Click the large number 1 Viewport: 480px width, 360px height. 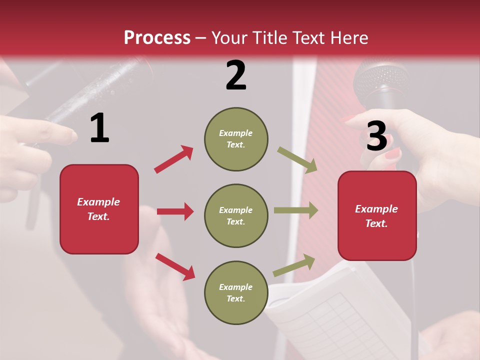click(99, 128)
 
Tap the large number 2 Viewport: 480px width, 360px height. click(235, 75)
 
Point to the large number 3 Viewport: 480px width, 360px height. click(376, 136)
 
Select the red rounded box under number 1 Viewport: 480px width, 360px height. click(99, 209)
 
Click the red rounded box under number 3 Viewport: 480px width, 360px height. click(377, 216)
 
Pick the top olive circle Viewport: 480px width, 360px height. click(236, 139)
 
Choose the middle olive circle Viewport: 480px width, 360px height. click(236, 216)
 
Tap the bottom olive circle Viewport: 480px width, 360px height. click(236, 293)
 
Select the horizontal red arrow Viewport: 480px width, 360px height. click(175, 211)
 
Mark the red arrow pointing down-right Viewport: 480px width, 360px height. click(175, 266)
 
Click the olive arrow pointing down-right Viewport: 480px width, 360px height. click(297, 160)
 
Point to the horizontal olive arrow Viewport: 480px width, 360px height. click(296, 210)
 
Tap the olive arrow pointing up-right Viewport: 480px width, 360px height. click(294, 265)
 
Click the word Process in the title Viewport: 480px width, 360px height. click(157, 37)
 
